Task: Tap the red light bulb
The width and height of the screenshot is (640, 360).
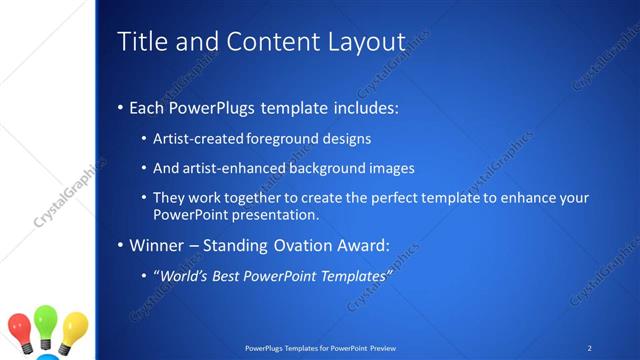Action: pos(20,328)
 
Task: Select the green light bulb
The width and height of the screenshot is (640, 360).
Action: pos(46,323)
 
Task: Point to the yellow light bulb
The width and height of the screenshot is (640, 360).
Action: pos(74,328)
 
